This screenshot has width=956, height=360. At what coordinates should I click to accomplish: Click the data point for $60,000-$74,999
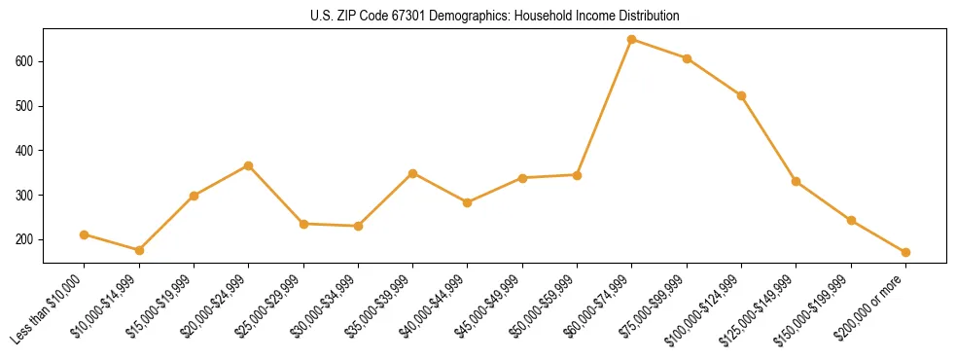pos(632,40)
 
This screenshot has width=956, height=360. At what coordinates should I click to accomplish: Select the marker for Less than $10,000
pos(85,234)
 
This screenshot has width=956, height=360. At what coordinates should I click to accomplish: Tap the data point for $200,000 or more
pos(905,252)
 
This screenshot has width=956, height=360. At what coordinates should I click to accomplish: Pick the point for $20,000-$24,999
pos(249,166)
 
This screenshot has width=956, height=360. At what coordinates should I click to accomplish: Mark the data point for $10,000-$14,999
pos(139,250)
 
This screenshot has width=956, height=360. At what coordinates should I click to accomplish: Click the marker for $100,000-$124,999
pos(742,95)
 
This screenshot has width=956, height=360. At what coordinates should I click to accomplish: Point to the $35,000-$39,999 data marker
pos(413,173)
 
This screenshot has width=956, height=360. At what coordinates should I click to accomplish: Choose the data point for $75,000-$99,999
pos(687,58)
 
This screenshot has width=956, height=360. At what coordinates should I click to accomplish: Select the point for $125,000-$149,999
pos(797,181)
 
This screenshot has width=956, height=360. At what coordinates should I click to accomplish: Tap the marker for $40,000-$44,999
pos(468,202)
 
